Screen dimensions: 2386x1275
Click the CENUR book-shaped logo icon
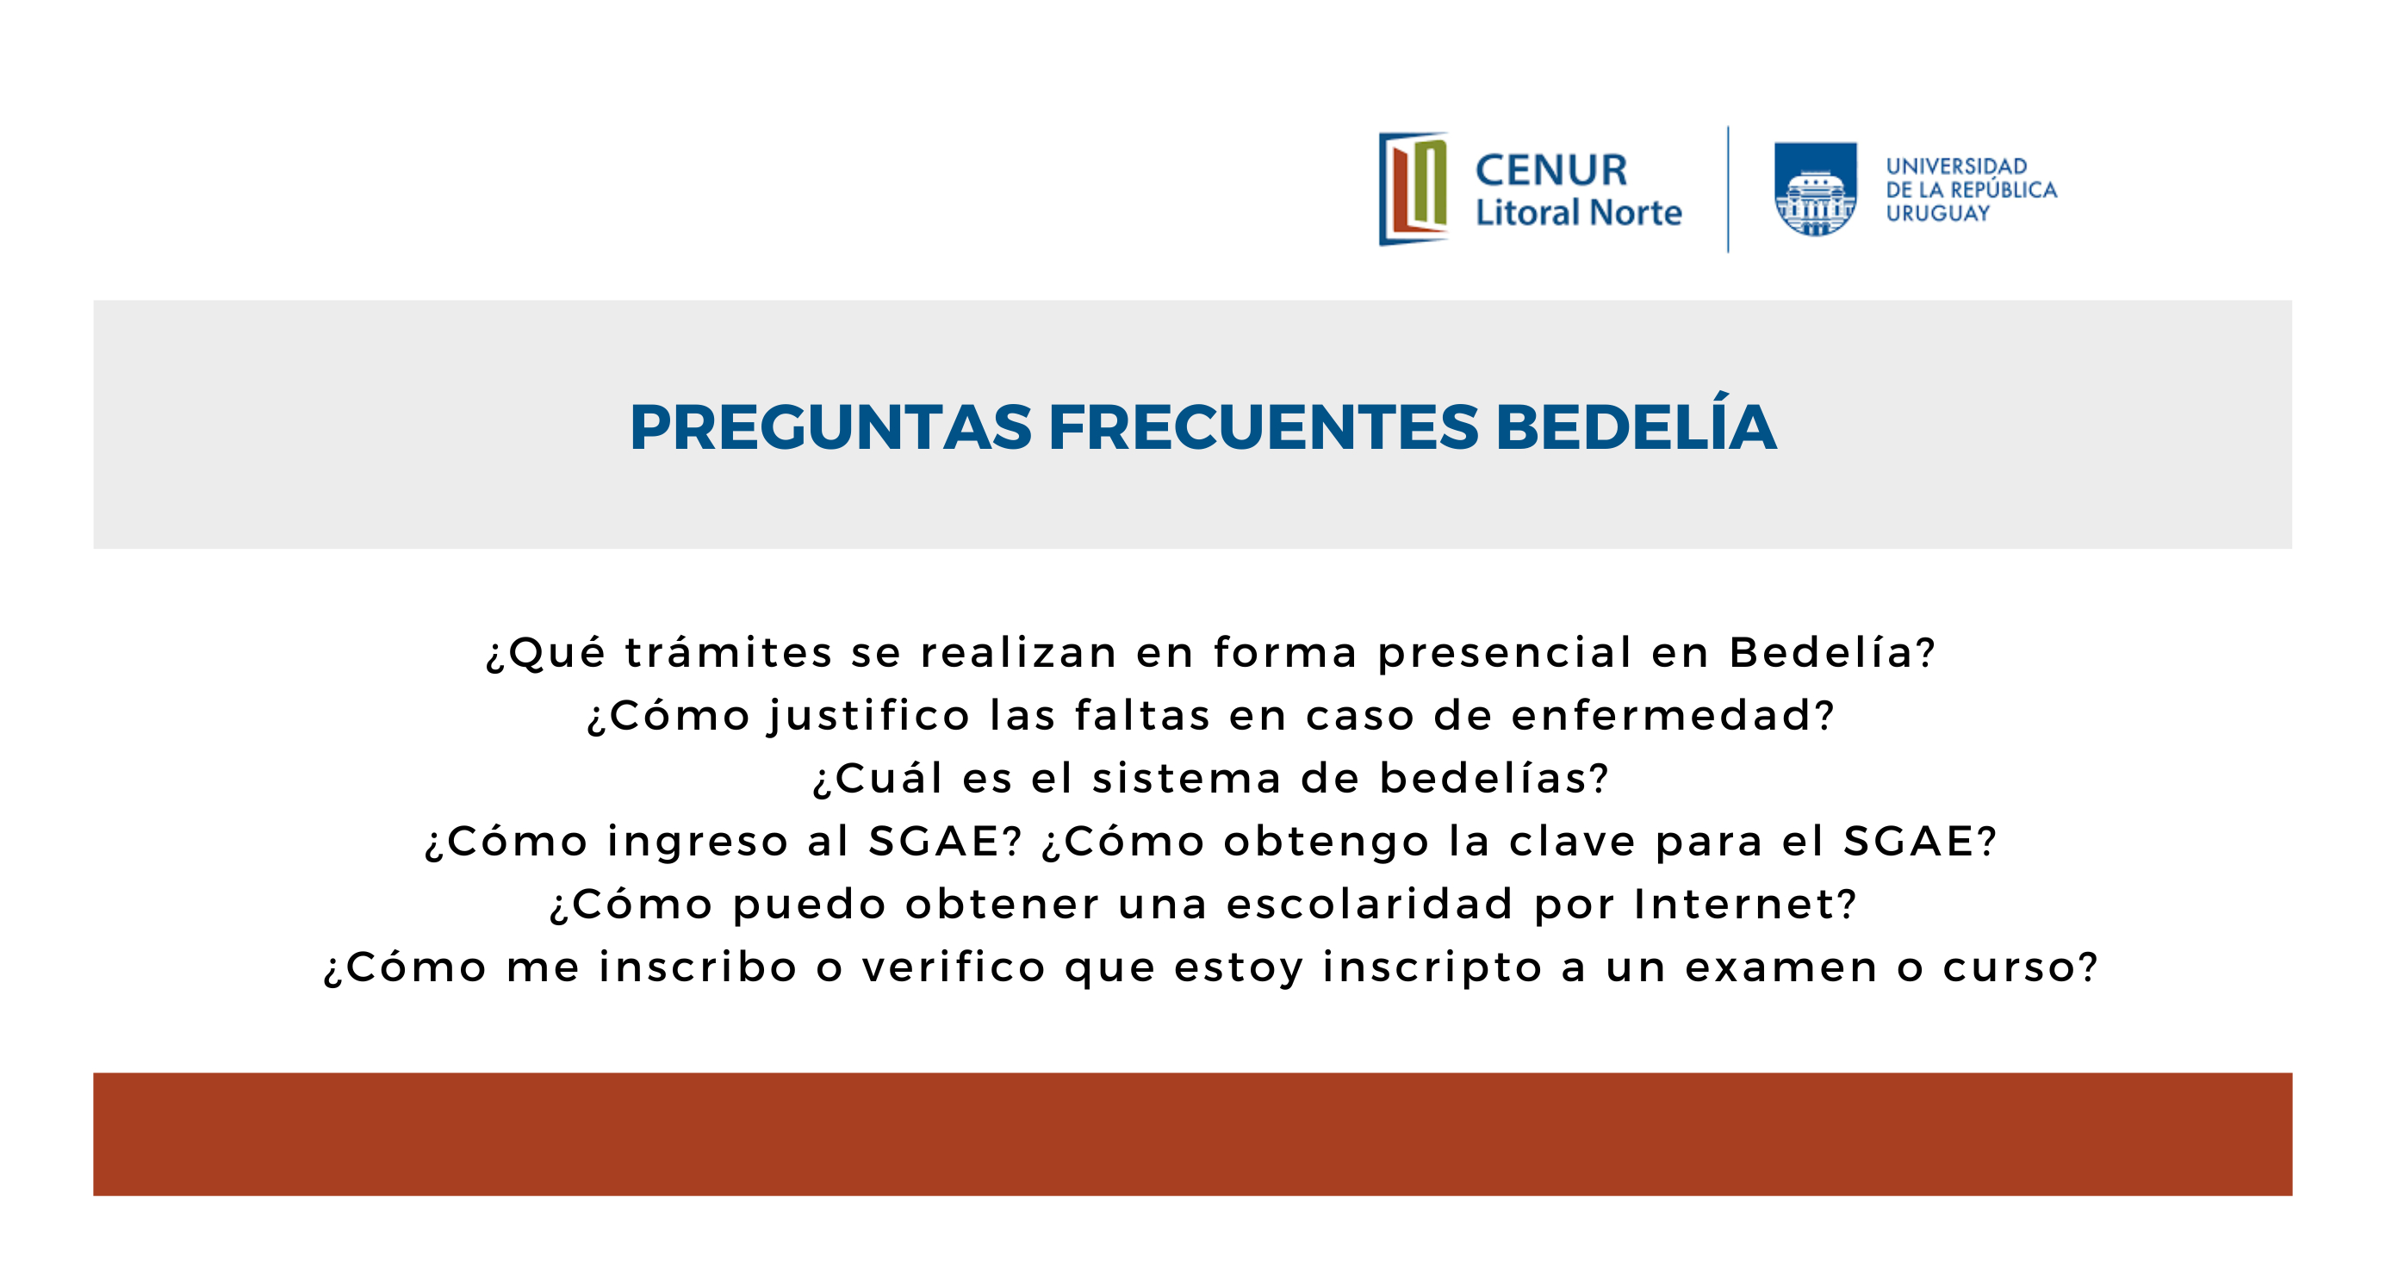coord(1414,189)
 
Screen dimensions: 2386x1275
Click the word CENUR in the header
coord(1551,171)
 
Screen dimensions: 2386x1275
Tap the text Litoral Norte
coord(1578,213)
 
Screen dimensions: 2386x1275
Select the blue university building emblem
coord(1816,189)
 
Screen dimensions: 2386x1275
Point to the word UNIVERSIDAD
coord(1957,166)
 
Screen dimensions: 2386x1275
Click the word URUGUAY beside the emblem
coord(1938,213)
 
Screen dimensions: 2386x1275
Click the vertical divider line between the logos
coord(1729,189)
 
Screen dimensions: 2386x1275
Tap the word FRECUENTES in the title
coord(1264,427)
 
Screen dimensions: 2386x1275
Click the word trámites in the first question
coord(729,651)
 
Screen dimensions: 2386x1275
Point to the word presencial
coord(1505,653)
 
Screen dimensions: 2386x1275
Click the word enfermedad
coord(1662,714)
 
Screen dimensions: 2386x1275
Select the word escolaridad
coord(1370,904)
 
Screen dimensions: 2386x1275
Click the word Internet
coord(1735,904)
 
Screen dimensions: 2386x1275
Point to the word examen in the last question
coord(1781,968)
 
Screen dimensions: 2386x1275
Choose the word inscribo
coord(699,967)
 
